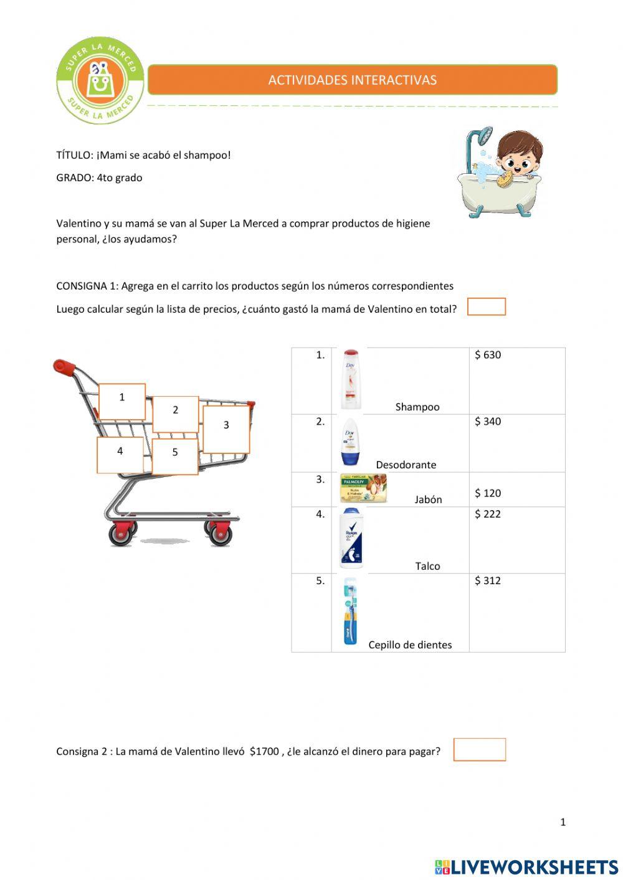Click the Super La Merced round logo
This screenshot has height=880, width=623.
point(100,80)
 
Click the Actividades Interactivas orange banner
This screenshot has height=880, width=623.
point(352,80)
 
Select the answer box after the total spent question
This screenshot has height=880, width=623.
point(486,307)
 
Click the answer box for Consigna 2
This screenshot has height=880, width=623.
point(479,750)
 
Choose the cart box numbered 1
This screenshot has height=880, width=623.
point(122,401)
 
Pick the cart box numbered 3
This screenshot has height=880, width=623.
point(226,429)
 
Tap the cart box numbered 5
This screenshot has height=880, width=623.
point(175,456)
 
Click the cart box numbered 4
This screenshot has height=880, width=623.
point(120,455)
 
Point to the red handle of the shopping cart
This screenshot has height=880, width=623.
point(64,367)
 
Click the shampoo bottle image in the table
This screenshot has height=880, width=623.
point(351,379)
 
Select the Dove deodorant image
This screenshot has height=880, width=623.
point(350,442)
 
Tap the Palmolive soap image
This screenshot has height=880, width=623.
point(363,488)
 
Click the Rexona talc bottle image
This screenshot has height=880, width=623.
point(352,538)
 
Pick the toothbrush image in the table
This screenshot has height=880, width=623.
point(350,611)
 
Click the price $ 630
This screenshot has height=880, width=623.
point(488,355)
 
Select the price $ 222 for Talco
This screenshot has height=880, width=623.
point(488,514)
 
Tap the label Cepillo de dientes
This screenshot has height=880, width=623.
point(410,645)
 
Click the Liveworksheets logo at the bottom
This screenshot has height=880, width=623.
point(526,867)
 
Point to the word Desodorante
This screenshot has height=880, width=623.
point(406,465)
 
